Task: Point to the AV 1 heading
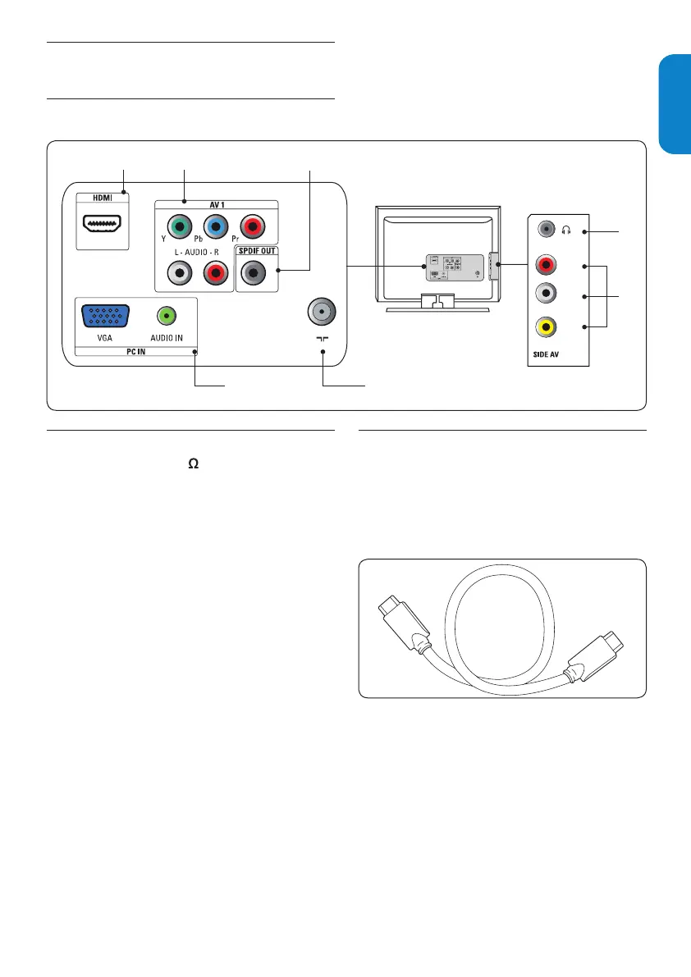[x=217, y=204]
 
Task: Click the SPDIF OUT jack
[x=254, y=272]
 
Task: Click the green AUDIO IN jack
[x=167, y=314]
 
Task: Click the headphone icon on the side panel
[x=566, y=231]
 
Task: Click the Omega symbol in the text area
[x=194, y=464]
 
